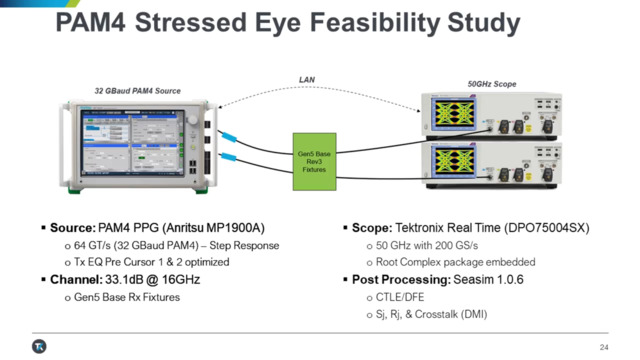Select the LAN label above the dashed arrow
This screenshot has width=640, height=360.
click(308, 79)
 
